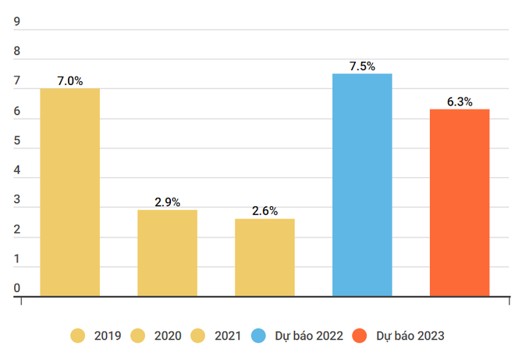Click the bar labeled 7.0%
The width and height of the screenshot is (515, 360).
click(x=70, y=192)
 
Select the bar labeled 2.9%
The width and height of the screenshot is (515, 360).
click(x=167, y=253)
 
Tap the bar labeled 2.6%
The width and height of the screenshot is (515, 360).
click(x=265, y=258)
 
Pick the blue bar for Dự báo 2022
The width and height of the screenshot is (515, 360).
click(x=362, y=185)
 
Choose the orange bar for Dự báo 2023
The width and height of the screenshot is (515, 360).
click(x=460, y=203)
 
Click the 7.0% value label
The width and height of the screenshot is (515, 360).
click(x=70, y=80)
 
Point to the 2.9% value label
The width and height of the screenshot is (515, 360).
click(x=167, y=202)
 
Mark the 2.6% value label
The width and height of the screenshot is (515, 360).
click(x=265, y=211)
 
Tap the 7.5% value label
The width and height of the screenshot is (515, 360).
click(x=362, y=66)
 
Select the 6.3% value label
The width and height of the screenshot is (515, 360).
click(x=460, y=102)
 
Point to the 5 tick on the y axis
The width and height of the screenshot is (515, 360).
click(x=16, y=141)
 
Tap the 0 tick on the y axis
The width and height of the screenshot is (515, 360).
click(x=16, y=289)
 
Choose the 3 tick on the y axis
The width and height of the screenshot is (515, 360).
click(x=16, y=201)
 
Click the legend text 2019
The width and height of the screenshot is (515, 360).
click(x=107, y=336)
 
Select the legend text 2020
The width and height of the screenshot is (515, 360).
click(x=168, y=336)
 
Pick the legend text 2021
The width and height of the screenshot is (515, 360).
click(x=228, y=336)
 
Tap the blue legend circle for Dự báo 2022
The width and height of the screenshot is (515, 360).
click(x=259, y=336)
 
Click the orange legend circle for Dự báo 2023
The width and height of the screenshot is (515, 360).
click(x=360, y=336)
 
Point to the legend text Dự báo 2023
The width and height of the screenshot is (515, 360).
click(x=410, y=336)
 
